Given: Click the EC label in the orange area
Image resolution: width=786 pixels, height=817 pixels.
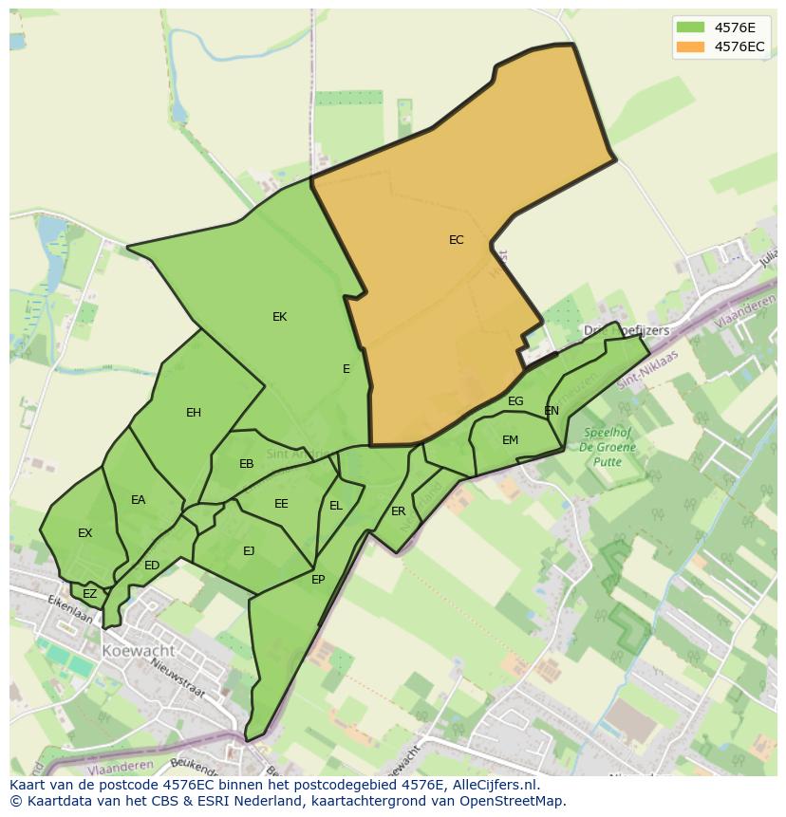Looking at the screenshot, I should [x=457, y=240].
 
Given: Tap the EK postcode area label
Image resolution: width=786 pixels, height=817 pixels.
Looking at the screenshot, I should [x=279, y=317].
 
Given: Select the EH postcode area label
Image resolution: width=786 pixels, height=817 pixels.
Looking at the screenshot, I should [x=194, y=413].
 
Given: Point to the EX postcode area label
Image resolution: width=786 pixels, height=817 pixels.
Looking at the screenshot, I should [x=85, y=533].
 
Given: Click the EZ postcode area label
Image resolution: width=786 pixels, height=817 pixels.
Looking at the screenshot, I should [x=89, y=594].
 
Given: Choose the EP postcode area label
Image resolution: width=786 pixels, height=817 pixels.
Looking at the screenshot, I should [x=318, y=579].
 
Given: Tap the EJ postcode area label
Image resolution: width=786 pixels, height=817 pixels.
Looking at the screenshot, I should [x=249, y=550].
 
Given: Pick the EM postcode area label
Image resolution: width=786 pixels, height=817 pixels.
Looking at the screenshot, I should [x=511, y=439].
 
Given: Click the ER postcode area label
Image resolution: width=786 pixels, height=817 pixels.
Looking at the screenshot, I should [x=399, y=511].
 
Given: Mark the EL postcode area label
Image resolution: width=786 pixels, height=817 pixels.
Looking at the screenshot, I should [x=336, y=506].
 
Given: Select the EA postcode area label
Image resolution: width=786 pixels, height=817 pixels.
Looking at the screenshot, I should [x=139, y=500].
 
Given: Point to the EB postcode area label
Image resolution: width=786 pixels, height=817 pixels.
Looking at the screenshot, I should [x=247, y=464].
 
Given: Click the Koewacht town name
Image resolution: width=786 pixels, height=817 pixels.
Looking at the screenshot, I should [x=140, y=651].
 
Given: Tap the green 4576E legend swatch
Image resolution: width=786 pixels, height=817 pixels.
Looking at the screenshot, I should [x=690, y=27].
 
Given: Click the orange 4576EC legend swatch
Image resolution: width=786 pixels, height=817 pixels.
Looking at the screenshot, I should [x=690, y=46].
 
